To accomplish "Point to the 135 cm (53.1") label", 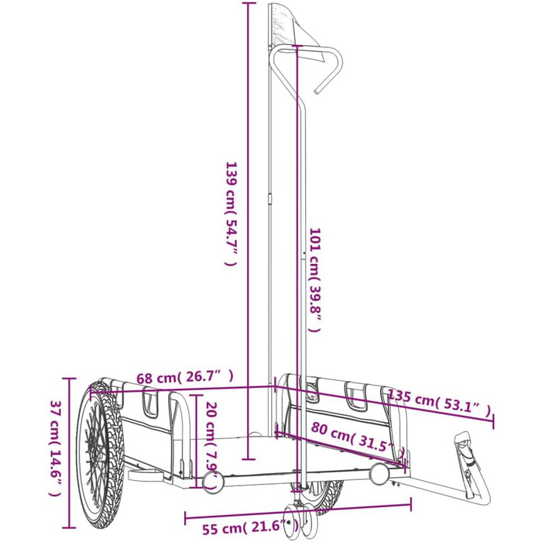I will coord(438,406).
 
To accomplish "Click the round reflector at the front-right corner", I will coord(381,473).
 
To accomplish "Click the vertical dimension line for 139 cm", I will coord(248,232).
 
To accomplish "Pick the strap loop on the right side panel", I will coord(357,396).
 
